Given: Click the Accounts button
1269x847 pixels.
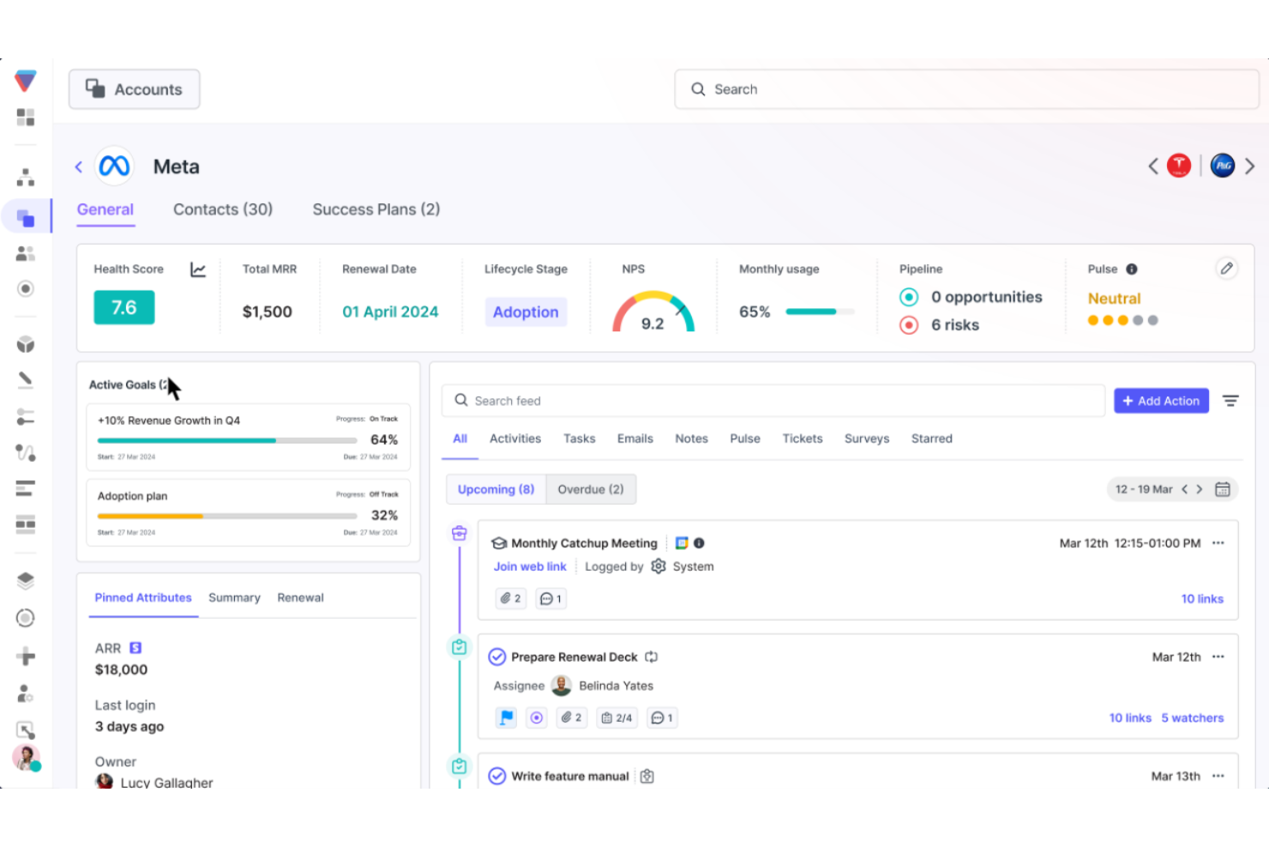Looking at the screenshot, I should coord(135,89).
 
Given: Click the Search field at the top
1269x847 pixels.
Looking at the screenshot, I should coord(965,89).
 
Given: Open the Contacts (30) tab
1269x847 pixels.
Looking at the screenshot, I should coord(223,209).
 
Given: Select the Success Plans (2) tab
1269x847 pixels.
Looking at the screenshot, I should coord(376,209).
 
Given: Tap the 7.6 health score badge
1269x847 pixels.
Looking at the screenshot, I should coord(124,307).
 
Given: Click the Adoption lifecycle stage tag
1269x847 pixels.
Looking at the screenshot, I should coord(526,312).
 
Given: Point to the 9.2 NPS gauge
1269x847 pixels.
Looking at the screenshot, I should coord(653,313).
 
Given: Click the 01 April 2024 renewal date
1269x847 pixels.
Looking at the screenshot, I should coord(390,312).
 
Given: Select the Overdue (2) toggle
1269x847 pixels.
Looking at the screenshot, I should coord(591,489).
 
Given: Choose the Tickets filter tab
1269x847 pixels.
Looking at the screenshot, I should coord(802,439).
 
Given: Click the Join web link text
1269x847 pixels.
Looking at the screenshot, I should coord(530,566).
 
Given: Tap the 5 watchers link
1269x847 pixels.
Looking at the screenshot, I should coord(1192,717).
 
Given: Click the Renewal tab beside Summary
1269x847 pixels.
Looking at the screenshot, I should coord(300,597).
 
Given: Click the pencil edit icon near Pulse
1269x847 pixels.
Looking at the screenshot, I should coord(1226,269).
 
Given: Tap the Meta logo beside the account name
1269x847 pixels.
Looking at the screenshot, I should coord(114,166).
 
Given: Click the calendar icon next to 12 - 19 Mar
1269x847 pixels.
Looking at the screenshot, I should coord(1223,489).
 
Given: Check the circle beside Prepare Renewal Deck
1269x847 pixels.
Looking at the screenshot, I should coord(497,657).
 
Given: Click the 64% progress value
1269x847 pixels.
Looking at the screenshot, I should coord(384,439).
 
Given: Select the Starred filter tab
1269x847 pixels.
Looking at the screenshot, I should coord(931,439).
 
